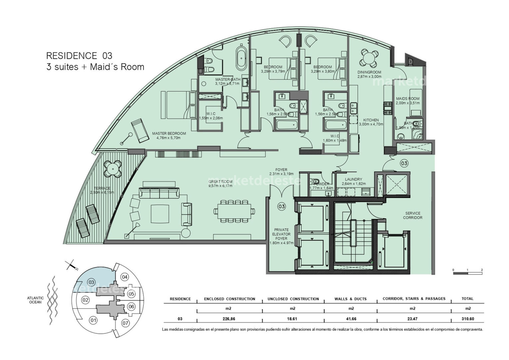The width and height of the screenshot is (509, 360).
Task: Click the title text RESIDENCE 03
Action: (79, 56)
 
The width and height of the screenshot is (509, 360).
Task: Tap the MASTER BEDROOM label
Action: (169, 134)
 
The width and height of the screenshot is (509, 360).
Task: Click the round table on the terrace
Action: (113, 169)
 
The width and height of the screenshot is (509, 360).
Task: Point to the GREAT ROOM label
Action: (220, 182)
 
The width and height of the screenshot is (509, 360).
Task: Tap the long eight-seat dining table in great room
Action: (234, 212)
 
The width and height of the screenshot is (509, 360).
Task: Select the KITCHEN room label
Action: (371, 120)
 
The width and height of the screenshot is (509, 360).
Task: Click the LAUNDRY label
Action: (354, 179)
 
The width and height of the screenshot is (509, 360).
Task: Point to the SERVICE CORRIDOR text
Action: (412, 215)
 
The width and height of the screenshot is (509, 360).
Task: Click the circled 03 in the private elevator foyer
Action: (281, 206)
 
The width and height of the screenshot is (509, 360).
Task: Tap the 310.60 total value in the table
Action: (468, 319)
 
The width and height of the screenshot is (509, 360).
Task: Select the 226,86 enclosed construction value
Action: (229, 319)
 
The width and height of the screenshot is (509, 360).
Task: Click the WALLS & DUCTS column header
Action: (350, 299)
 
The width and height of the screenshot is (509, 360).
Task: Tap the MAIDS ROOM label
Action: (408, 99)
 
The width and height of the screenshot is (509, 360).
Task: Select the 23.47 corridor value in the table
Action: (412, 319)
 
